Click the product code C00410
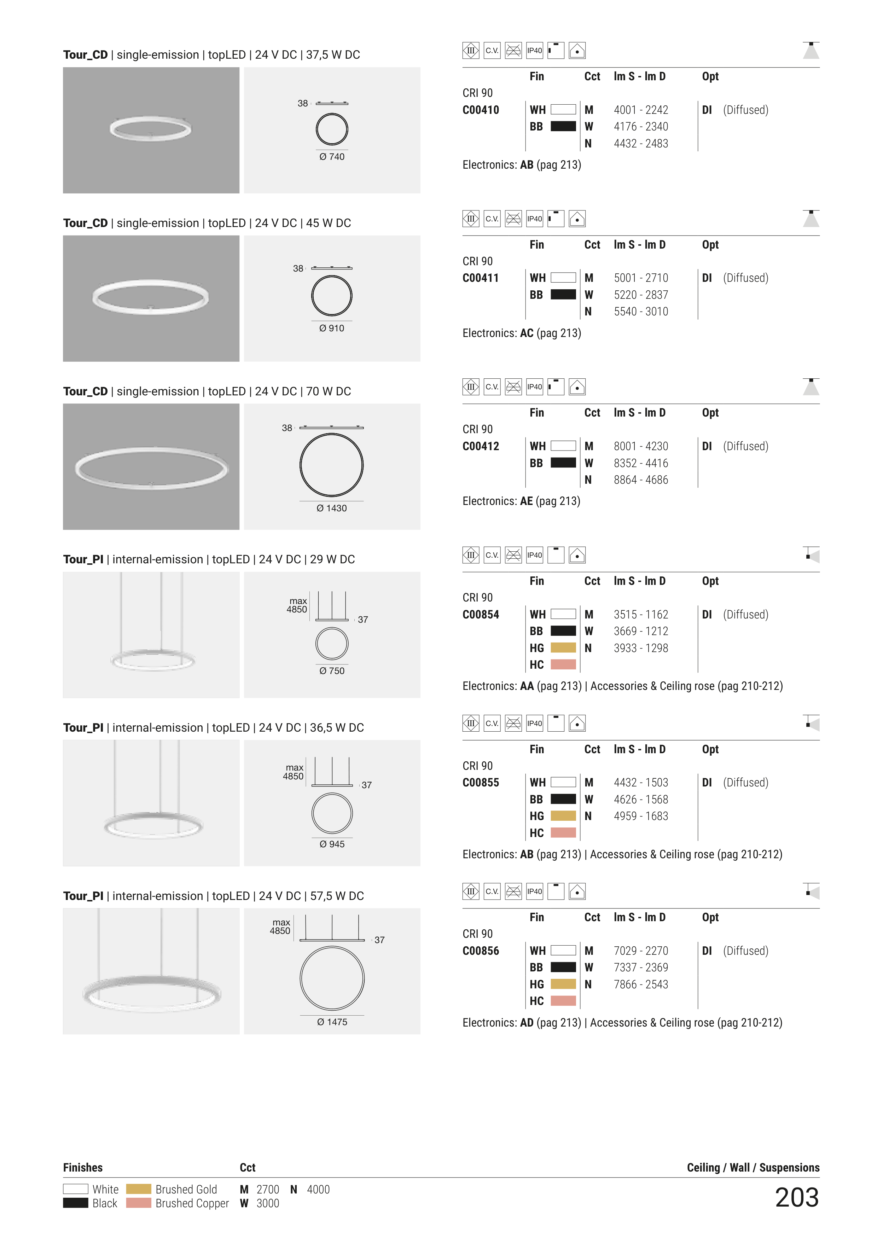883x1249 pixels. pyautogui.click(x=481, y=110)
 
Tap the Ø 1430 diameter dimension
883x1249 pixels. pyautogui.click(x=331, y=508)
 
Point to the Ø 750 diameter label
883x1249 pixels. pyautogui.click(x=332, y=671)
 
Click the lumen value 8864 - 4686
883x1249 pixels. pyautogui.click(x=641, y=480)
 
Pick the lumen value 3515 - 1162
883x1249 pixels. pyautogui.click(x=641, y=614)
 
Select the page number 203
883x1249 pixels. pyautogui.click(x=797, y=1197)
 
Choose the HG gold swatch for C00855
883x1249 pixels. pyautogui.click(x=563, y=815)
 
